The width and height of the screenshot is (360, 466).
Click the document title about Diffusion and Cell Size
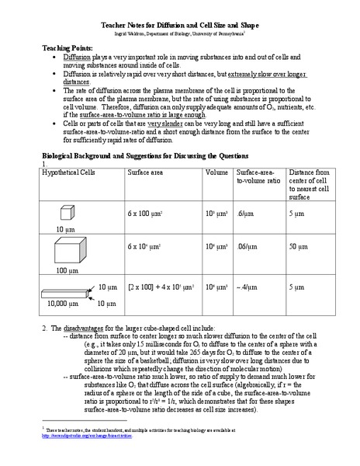pyautogui.click(x=179, y=25)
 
